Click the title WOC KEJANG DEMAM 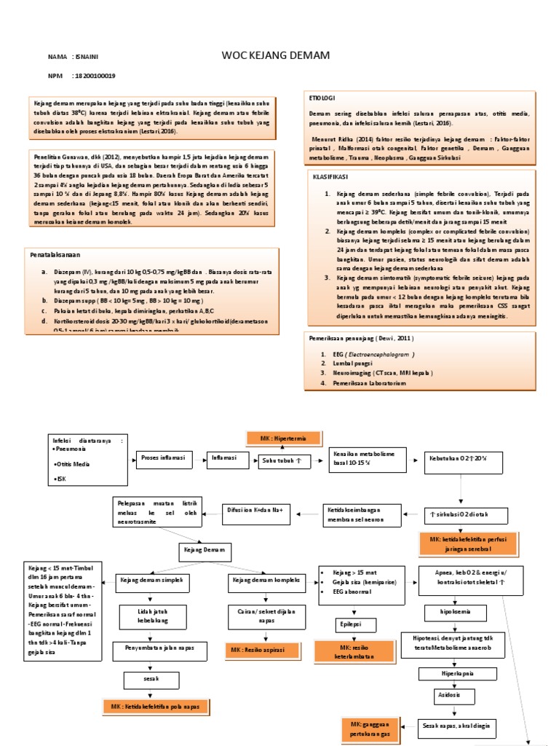click(x=276, y=56)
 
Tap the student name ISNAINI click(x=90, y=56)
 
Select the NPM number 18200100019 click(x=95, y=76)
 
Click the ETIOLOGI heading click(x=322, y=98)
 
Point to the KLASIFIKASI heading click(x=326, y=176)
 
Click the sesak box click(x=151, y=679)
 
